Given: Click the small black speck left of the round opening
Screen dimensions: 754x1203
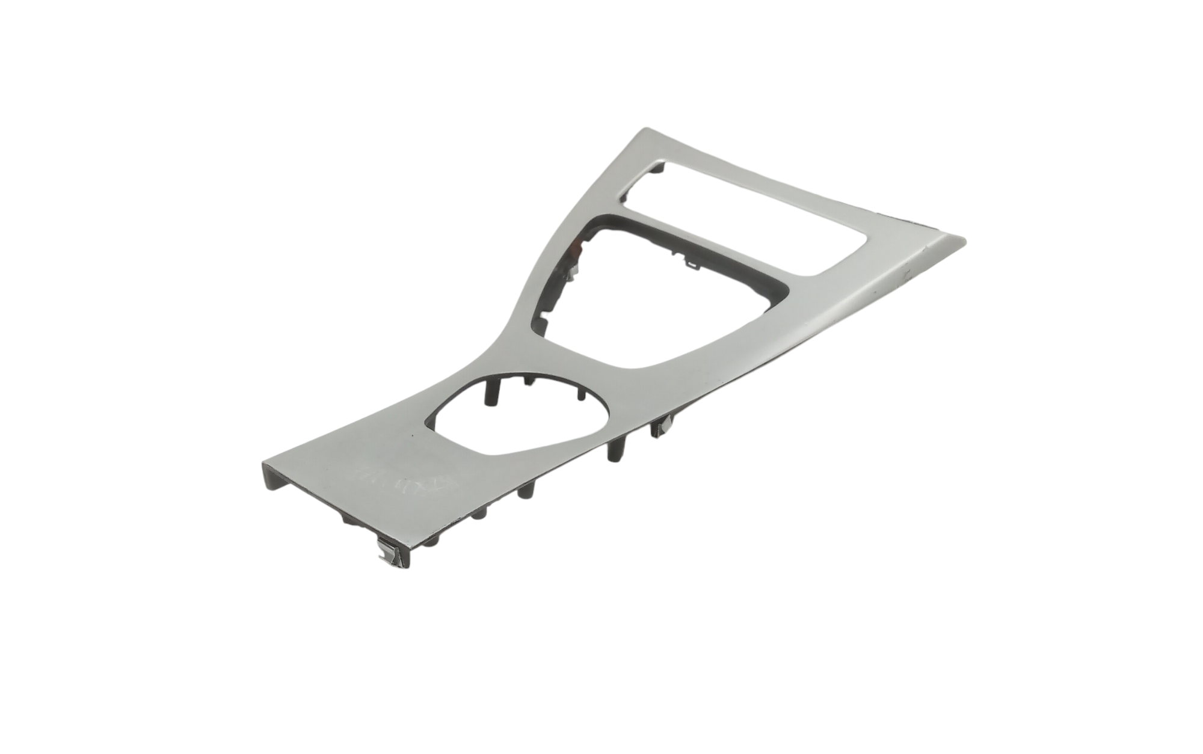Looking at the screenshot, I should [412, 437].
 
